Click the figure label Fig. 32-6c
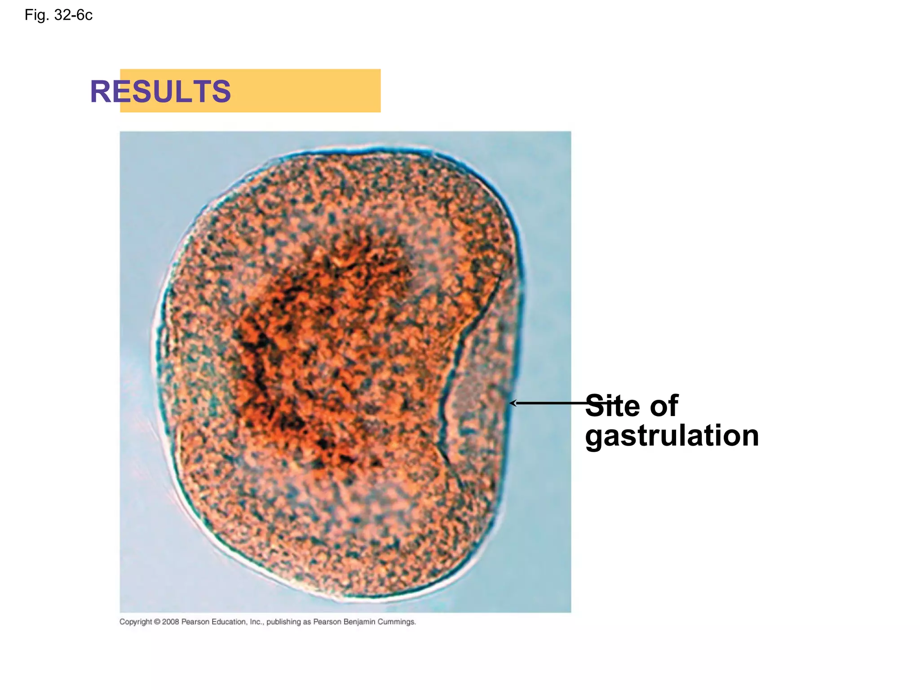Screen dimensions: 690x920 [58, 15]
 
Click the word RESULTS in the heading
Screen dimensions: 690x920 [160, 92]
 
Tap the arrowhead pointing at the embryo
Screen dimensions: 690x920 [513, 403]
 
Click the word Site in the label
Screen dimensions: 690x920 [613, 406]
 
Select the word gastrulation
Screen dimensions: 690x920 [672, 436]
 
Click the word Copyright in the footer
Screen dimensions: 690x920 [136, 622]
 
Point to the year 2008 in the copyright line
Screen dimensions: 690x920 [171, 622]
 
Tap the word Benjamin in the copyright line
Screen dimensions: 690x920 [359, 622]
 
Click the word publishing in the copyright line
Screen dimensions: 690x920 [283, 622]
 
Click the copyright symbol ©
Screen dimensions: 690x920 [157, 622]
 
